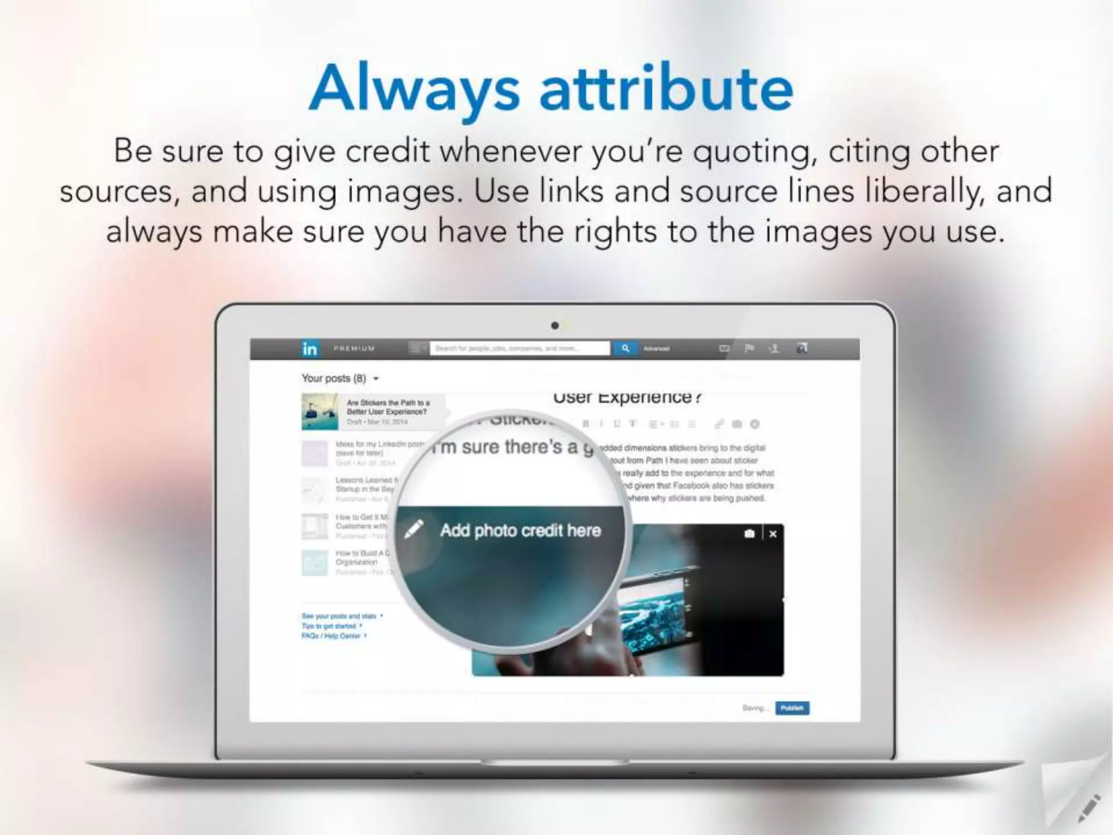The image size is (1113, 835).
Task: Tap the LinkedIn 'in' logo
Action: [310, 348]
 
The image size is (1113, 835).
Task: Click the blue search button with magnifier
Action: [626, 348]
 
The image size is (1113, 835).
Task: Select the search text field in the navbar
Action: [520, 348]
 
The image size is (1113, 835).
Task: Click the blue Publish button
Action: [792, 708]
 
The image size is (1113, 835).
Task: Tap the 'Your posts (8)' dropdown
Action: [340, 378]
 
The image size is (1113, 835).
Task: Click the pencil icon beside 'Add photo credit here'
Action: [414, 529]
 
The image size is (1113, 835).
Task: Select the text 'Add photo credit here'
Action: [521, 531]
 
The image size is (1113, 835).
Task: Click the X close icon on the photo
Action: [773, 534]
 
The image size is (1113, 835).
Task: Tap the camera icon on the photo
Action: [749, 534]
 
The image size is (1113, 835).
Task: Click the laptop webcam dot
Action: [554, 326]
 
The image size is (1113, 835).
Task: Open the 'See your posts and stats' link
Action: [340, 616]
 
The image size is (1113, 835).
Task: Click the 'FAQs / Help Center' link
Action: [332, 635]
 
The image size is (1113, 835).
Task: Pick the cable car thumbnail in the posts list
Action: [320, 412]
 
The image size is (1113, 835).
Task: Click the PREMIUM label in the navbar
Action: [354, 348]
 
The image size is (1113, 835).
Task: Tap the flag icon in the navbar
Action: [749, 348]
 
